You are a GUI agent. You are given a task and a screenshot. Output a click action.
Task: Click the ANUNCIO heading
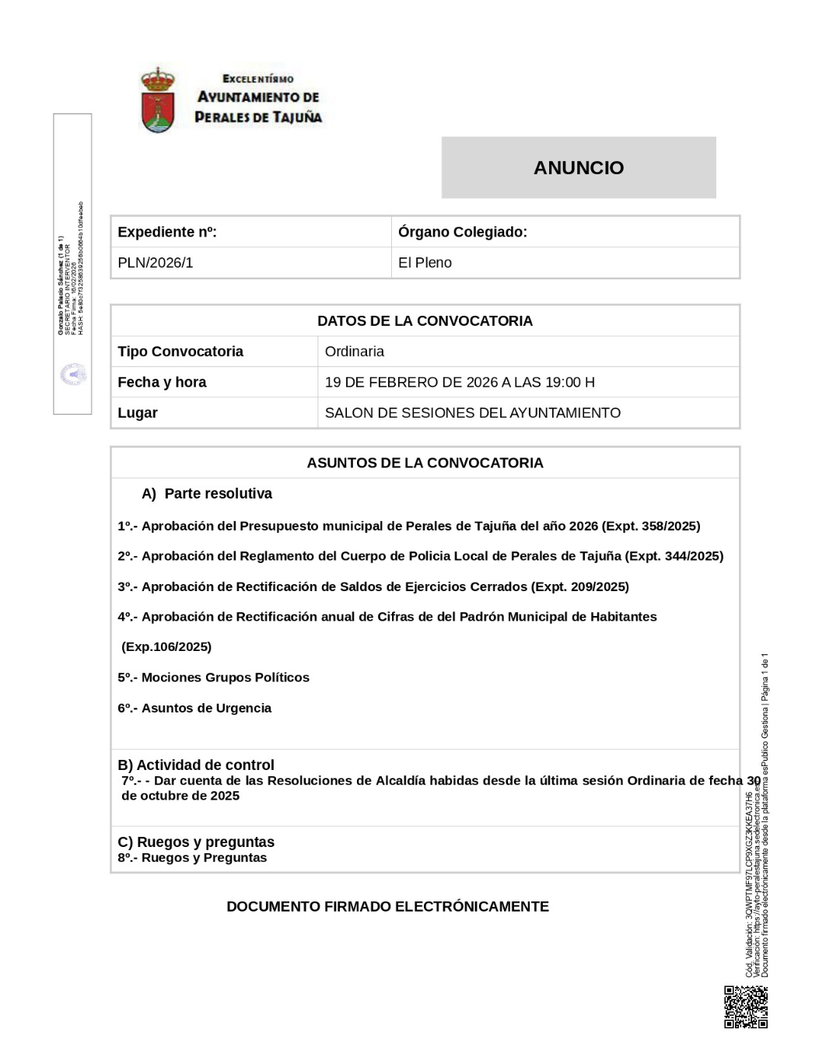tap(578, 168)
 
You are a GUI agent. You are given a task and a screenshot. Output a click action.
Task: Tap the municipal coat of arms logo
tap(158, 100)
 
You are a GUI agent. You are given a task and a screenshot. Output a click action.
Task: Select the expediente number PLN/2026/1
tap(156, 263)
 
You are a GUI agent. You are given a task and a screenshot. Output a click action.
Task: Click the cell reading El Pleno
tap(425, 263)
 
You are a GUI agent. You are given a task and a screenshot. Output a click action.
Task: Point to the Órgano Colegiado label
tap(462, 232)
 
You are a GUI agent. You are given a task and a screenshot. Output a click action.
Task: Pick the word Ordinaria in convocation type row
tap(355, 352)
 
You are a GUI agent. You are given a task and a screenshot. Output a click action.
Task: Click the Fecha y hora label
tap(162, 382)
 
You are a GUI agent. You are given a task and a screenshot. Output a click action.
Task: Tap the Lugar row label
tap(138, 413)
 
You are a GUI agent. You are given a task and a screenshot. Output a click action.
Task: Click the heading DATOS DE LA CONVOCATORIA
tap(425, 320)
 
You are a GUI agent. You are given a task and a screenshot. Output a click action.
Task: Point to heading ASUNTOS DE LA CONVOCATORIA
tap(425, 463)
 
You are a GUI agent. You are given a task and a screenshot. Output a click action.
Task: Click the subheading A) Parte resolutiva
tap(207, 494)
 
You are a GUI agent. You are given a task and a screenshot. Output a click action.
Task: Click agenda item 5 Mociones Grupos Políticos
tap(214, 677)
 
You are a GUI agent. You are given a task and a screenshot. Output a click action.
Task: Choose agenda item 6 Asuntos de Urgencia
tap(195, 708)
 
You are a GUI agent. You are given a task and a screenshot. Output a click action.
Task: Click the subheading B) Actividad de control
tap(196, 765)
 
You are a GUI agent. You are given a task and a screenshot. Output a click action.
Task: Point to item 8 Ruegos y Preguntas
tap(193, 858)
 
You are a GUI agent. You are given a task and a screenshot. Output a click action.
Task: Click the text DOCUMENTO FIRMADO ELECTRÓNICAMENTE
tap(387, 907)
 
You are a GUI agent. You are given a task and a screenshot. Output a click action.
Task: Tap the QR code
tap(746, 1007)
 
